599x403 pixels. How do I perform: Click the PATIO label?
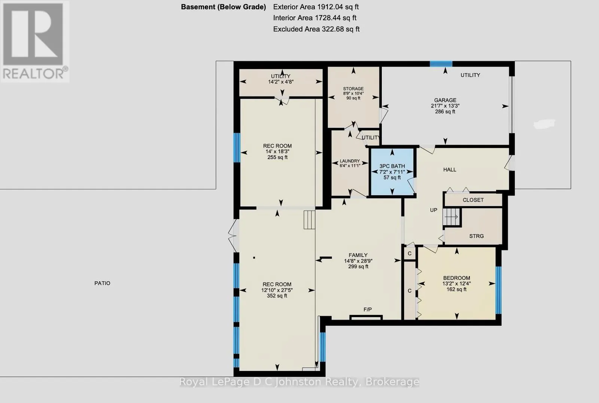coord(102,283)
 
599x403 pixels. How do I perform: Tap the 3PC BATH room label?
coord(392,166)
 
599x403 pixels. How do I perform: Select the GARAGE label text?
coord(445,100)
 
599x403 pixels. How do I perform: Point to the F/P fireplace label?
coord(367,309)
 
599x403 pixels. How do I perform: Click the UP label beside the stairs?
coord(434,210)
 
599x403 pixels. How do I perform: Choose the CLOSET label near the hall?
coord(473,200)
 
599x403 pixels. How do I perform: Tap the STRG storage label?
coord(476,236)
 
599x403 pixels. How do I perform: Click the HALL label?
coord(450,170)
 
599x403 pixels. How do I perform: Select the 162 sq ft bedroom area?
coord(456,289)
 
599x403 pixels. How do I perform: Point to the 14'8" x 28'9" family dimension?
coord(358,261)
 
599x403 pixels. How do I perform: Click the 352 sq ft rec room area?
coord(277,296)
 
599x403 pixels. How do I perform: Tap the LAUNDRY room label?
coord(350,161)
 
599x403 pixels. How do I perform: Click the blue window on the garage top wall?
coord(441,64)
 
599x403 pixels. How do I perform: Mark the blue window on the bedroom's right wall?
coord(498,290)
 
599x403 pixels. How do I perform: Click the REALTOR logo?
coord(35,42)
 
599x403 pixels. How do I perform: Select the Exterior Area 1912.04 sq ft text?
coord(316,7)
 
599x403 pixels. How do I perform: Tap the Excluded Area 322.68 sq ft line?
coord(316,29)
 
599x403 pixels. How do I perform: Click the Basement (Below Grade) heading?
coord(223,7)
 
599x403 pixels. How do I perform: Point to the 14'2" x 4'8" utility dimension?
coord(281,82)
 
